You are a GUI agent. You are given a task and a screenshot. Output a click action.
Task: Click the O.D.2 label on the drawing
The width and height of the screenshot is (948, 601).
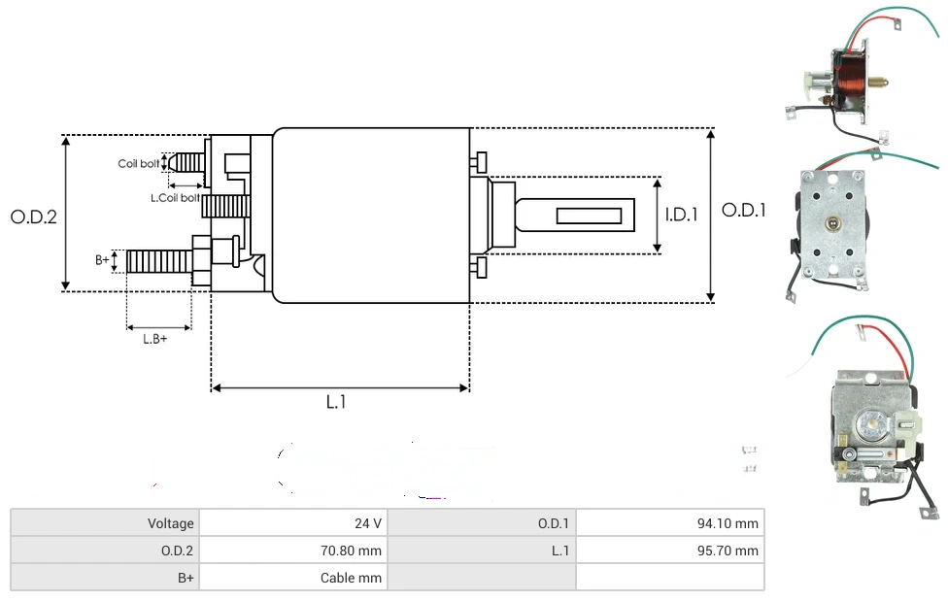coord(34,217)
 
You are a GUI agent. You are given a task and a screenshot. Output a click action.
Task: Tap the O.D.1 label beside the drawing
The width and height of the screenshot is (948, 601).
coord(744,211)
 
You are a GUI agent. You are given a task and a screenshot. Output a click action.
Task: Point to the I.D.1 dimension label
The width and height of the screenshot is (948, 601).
coord(682,215)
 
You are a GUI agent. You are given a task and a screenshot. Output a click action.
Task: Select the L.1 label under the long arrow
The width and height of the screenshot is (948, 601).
coord(336,401)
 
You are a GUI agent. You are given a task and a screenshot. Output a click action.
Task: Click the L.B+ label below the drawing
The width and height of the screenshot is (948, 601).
coord(154,339)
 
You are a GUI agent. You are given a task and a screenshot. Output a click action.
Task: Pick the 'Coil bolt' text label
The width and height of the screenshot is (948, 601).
coord(139,164)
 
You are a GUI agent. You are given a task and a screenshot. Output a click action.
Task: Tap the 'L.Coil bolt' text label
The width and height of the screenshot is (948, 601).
coord(175,198)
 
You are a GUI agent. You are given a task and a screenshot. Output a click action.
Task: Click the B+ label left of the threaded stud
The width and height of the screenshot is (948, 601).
coord(102,260)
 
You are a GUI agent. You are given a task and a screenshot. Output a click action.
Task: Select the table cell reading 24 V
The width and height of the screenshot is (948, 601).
coord(293,523)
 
